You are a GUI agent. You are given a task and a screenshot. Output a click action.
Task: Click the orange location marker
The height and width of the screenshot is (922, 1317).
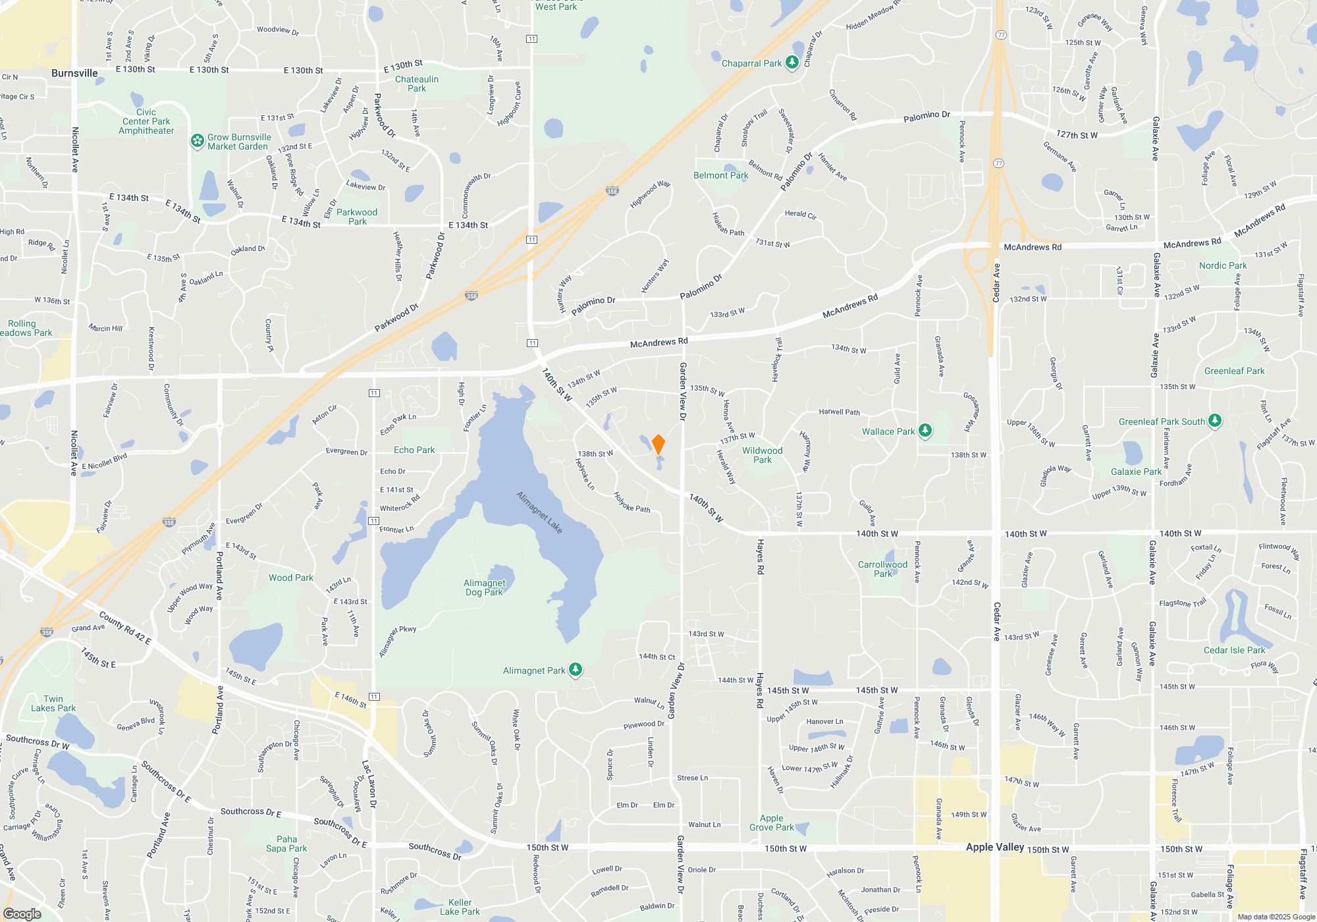658,444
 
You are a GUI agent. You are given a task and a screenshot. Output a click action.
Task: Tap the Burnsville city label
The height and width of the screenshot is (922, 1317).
74,73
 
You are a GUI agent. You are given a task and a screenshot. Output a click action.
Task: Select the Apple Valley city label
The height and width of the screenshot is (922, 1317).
994,847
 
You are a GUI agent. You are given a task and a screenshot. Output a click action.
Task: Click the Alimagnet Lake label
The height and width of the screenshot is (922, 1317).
539,512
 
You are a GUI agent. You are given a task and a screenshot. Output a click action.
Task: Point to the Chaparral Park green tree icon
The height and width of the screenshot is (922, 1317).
792,63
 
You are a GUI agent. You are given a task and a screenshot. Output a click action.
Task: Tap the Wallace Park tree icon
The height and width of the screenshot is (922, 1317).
925,431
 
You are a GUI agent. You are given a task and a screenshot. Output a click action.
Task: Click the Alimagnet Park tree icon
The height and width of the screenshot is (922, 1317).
576,670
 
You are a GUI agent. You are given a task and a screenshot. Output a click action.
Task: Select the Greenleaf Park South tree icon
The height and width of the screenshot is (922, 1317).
1215,421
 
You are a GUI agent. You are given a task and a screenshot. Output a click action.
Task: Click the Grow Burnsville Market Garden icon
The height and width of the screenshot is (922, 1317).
197,141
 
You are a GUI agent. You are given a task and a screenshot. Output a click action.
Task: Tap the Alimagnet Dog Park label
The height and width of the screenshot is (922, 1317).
485,587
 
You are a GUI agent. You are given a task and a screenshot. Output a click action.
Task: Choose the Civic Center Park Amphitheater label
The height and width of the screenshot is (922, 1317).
146,121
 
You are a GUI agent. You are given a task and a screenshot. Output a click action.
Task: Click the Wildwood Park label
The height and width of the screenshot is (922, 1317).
763,455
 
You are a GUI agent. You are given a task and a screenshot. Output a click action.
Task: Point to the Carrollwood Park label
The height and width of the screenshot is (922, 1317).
882,569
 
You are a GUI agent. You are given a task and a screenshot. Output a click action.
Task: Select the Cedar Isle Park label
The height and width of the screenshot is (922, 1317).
1234,650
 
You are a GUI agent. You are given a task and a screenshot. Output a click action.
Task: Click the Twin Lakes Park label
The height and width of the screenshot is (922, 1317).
53,703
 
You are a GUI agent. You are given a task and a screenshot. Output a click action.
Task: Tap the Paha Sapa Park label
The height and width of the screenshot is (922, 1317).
286,844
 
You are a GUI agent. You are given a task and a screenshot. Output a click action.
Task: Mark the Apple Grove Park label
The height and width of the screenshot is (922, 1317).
772,823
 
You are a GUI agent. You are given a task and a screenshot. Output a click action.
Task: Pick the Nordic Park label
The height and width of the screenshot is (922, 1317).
1223,265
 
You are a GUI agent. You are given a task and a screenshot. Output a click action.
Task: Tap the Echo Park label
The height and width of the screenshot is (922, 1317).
414,450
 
